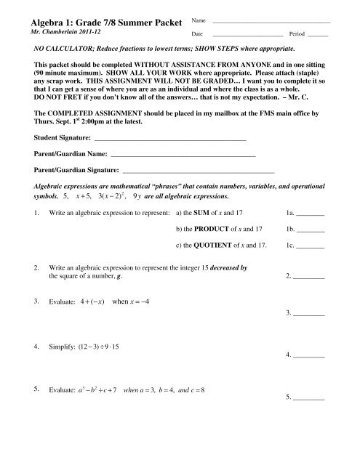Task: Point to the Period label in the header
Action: click(297, 34)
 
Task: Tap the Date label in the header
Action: click(196, 34)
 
